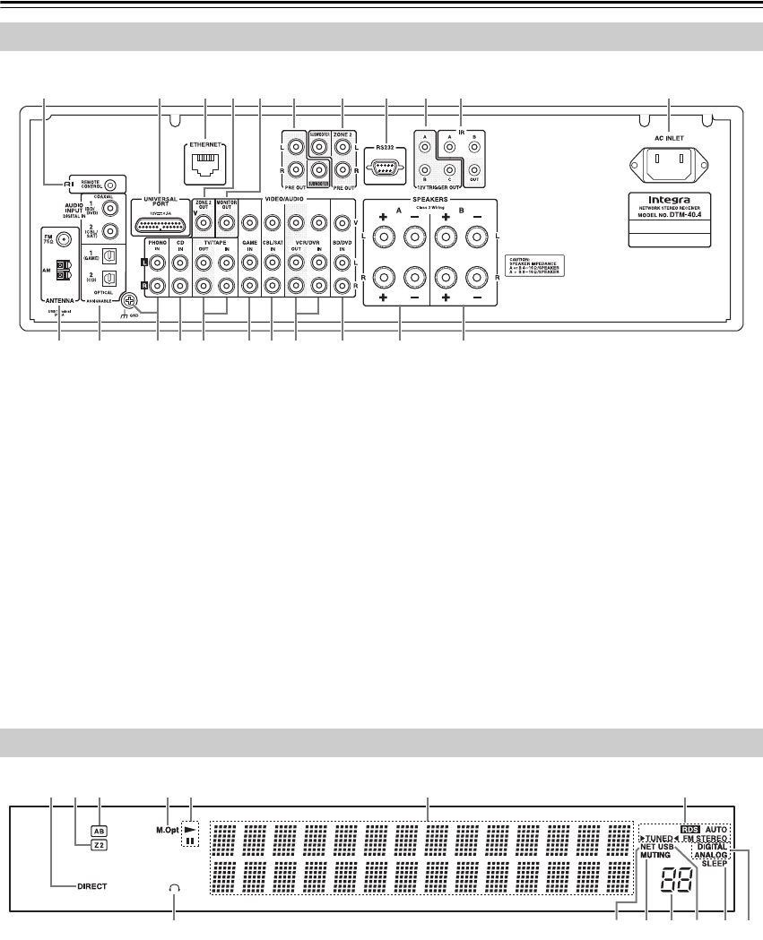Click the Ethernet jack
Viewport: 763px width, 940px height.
205,160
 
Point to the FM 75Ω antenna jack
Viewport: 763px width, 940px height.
63,242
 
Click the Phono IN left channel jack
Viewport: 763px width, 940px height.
158,263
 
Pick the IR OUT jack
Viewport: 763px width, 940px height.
474,169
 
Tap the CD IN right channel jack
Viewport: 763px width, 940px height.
180,287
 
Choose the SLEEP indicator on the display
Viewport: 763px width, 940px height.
715,863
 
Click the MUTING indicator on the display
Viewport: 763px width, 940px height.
656,855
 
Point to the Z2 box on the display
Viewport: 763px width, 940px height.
99,844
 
